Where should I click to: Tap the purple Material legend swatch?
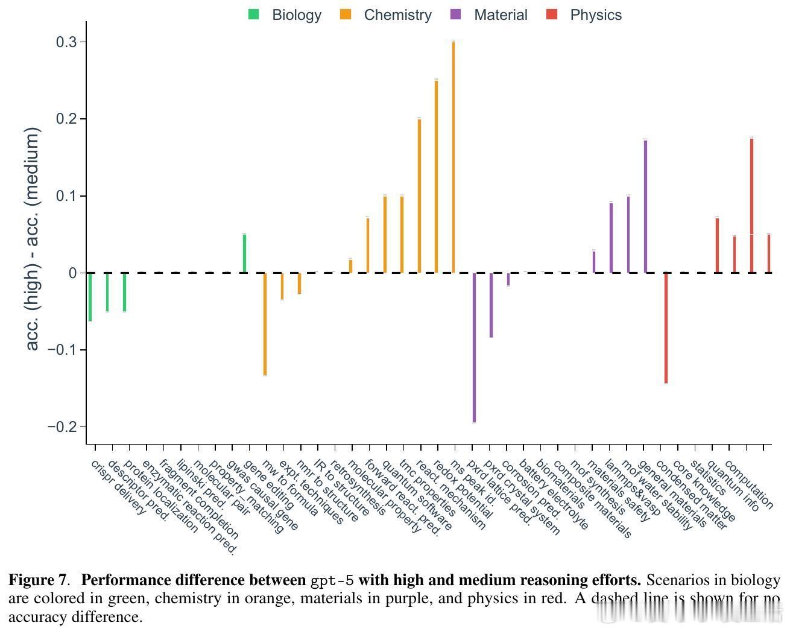[456, 14]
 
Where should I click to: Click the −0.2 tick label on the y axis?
[63, 427]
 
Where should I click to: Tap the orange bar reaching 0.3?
[453, 157]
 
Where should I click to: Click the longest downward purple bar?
[474, 347]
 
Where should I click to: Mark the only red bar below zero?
[666, 328]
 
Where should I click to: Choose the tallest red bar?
[751, 205]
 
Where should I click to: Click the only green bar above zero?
[244, 253]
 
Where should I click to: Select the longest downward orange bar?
[265, 324]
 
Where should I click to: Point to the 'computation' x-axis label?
[750, 484]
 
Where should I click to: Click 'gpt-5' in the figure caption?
[332, 581]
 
